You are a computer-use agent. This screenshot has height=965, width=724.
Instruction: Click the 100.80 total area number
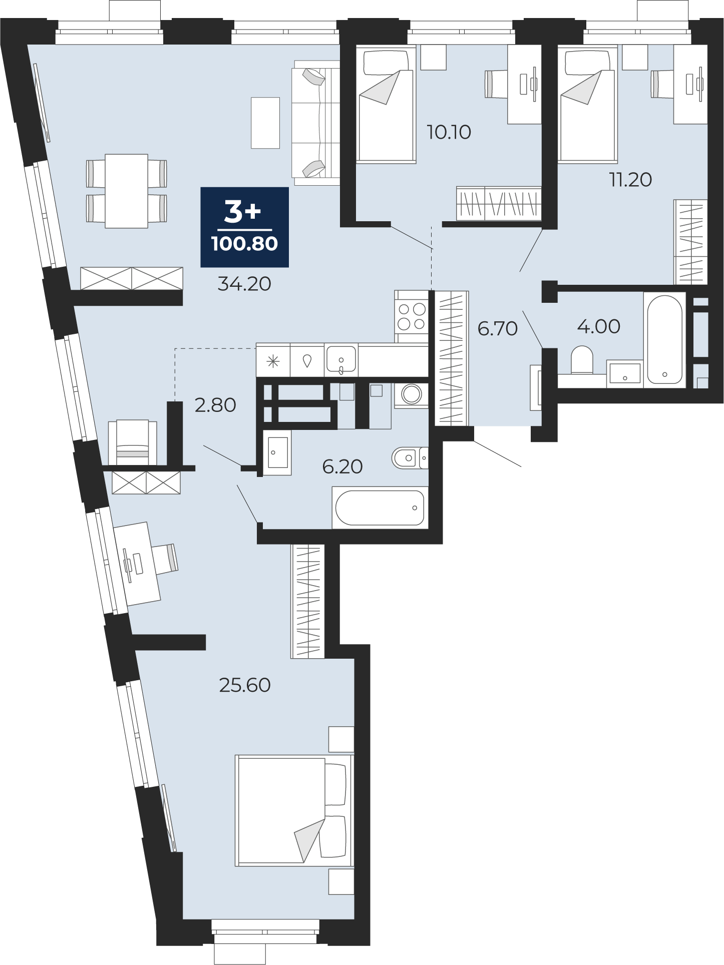tap(244, 244)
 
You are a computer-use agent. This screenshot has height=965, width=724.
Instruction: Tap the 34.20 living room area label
tap(244, 284)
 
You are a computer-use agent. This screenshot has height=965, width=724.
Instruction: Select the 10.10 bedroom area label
tap(449, 132)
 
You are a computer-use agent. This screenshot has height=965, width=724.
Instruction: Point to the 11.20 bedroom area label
tap(630, 179)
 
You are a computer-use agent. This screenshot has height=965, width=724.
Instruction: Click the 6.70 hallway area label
tap(497, 328)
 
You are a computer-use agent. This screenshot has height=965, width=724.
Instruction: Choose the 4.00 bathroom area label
tap(599, 326)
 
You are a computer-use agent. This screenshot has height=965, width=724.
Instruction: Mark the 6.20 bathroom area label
tap(342, 466)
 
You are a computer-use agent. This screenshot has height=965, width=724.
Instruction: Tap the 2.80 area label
tap(215, 405)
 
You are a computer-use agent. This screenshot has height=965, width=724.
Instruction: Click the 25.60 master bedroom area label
tap(245, 685)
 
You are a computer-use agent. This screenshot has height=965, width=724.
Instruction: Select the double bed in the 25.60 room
tap(294, 810)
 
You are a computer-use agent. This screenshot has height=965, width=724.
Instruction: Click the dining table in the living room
tap(126, 191)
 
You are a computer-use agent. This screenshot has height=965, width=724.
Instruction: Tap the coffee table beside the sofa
tap(265, 123)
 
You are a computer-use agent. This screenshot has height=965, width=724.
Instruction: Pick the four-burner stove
tap(412, 316)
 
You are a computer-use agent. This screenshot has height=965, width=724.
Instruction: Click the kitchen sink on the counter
tap(341, 359)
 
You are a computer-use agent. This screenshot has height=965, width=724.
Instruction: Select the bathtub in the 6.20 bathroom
tap(380, 508)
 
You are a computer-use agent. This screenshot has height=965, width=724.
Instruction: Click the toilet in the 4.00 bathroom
tap(582, 360)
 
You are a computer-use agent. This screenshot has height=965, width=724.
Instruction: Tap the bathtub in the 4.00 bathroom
tap(664, 340)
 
